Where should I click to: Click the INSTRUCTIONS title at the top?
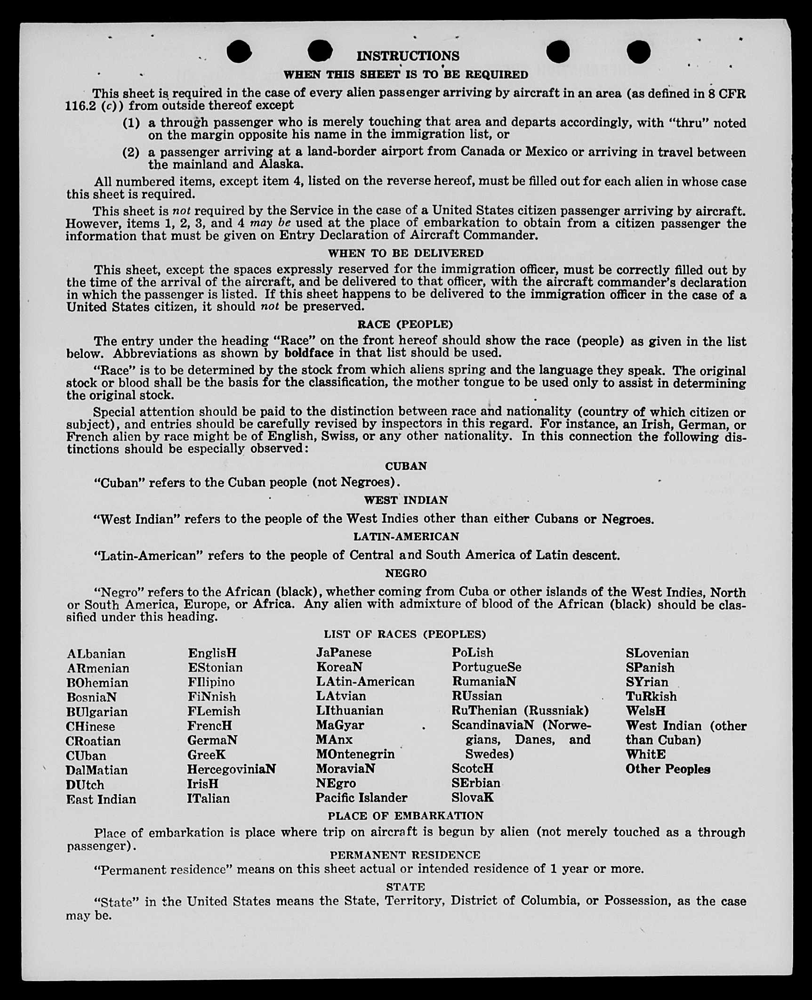click(408, 56)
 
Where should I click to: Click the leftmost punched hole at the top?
click(239, 51)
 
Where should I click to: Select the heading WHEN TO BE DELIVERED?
click(405, 253)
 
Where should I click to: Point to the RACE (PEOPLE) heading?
click(405, 325)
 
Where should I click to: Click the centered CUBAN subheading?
click(406, 466)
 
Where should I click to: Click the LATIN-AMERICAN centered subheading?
click(406, 537)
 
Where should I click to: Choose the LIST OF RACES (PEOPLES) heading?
click(405, 634)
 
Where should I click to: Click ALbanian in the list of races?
click(96, 654)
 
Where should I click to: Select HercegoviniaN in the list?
click(231, 769)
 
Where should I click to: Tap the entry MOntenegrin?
click(355, 754)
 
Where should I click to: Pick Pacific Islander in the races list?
click(361, 798)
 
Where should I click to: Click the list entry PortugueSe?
click(486, 667)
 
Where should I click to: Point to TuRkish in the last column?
click(651, 696)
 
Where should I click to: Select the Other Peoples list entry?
click(667, 769)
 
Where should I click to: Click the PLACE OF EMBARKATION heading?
click(405, 816)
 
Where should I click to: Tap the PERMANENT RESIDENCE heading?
click(405, 855)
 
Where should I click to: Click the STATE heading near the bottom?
click(405, 887)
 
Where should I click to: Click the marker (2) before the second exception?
click(131, 152)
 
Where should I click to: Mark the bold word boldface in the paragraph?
click(309, 353)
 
